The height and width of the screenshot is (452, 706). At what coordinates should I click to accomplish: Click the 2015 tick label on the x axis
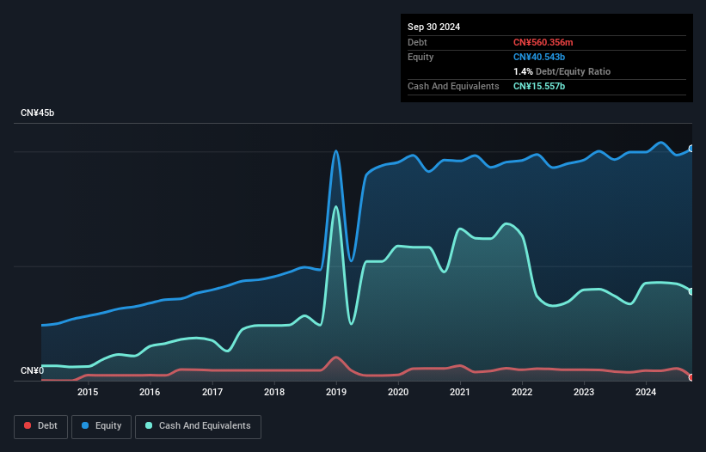88,393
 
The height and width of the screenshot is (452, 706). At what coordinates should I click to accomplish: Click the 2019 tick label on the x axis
336,393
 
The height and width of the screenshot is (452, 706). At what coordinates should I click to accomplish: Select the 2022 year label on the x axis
522,393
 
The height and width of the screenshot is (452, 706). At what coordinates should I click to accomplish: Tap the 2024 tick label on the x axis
646,393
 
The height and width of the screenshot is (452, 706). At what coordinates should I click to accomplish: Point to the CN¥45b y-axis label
38,113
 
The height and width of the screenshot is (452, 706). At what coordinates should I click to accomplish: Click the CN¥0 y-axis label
32,371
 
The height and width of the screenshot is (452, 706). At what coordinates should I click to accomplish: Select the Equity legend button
101,426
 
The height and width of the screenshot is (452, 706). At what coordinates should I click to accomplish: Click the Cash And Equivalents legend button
198,426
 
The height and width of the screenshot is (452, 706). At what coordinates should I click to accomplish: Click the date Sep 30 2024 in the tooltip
433,27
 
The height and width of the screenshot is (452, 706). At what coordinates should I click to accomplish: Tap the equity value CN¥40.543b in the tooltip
540,57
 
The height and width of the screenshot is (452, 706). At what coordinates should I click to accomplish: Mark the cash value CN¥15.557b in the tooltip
540,86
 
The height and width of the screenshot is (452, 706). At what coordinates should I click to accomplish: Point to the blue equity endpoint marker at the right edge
691,149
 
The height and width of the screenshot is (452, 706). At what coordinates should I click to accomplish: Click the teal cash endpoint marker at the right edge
691,292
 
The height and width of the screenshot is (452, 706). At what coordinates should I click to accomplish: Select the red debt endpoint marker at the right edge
691,377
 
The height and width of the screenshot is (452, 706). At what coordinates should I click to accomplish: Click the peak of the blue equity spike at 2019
336,151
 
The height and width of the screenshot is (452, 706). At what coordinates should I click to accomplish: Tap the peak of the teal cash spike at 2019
336,206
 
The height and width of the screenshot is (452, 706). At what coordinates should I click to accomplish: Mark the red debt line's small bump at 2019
336,357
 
